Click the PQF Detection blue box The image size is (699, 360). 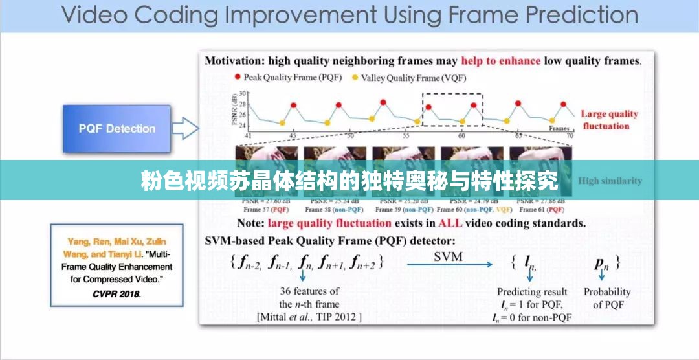tap(117, 128)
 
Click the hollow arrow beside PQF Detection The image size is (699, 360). tap(186, 128)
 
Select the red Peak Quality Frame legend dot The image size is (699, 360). tap(238, 78)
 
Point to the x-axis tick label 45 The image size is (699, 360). tap(293, 136)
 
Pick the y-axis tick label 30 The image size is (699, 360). tap(243, 95)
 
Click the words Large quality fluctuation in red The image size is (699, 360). tap(608, 120)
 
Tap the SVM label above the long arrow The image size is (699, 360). tap(448, 256)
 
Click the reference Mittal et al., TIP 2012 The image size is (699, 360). tap(309, 317)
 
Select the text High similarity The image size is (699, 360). tap(610, 181)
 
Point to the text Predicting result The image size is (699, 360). tap(532, 292)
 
